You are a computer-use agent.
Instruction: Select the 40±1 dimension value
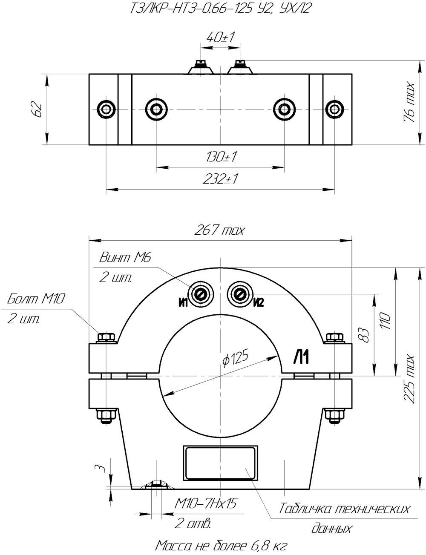click(220, 38)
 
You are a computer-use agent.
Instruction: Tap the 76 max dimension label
click(409, 102)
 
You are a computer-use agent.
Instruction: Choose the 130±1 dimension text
click(221, 157)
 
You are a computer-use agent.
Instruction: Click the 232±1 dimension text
click(220, 179)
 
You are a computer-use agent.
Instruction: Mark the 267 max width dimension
click(219, 230)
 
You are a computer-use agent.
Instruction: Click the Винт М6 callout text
click(125, 257)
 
